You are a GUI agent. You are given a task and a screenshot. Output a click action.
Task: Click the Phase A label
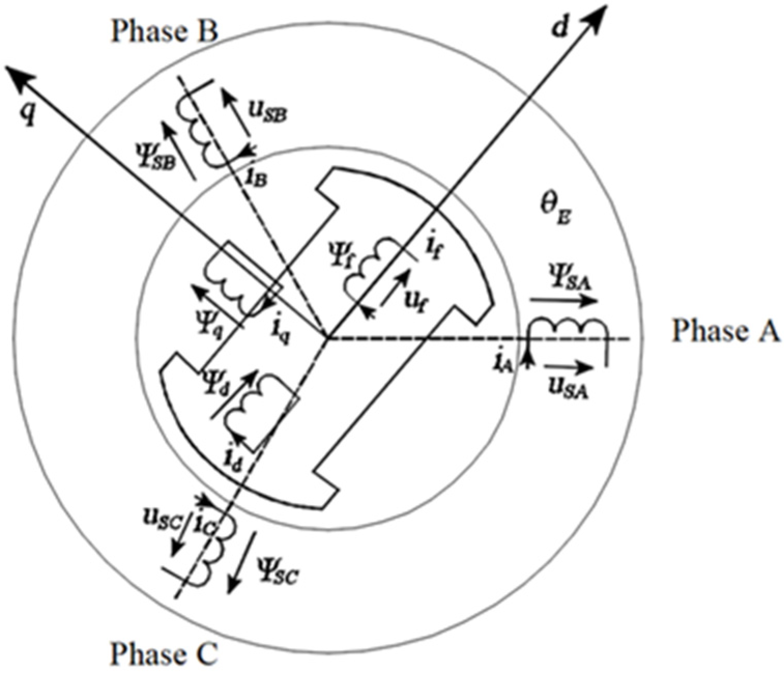pyautogui.click(x=725, y=331)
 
